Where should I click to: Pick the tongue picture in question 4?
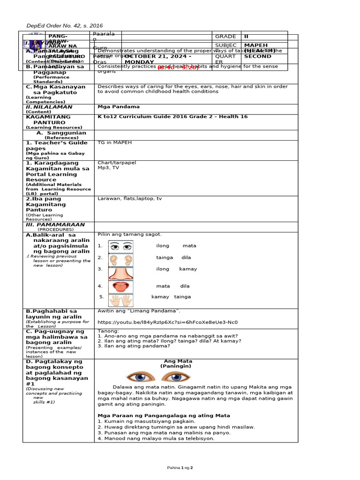(x=121, y=287)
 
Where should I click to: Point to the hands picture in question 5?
(x=121, y=300)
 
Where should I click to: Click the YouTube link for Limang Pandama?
(x=167, y=322)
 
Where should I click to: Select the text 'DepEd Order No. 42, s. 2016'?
(x=64, y=26)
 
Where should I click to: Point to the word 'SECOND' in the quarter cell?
(x=258, y=56)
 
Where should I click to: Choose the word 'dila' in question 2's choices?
(x=186, y=258)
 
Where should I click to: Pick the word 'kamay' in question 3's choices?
(x=188, y=269)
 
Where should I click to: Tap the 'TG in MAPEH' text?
(x=114, y=142)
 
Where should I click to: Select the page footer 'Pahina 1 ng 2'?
(x=180, y=468)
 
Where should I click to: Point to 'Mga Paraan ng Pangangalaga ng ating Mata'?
(x=164, y=415)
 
